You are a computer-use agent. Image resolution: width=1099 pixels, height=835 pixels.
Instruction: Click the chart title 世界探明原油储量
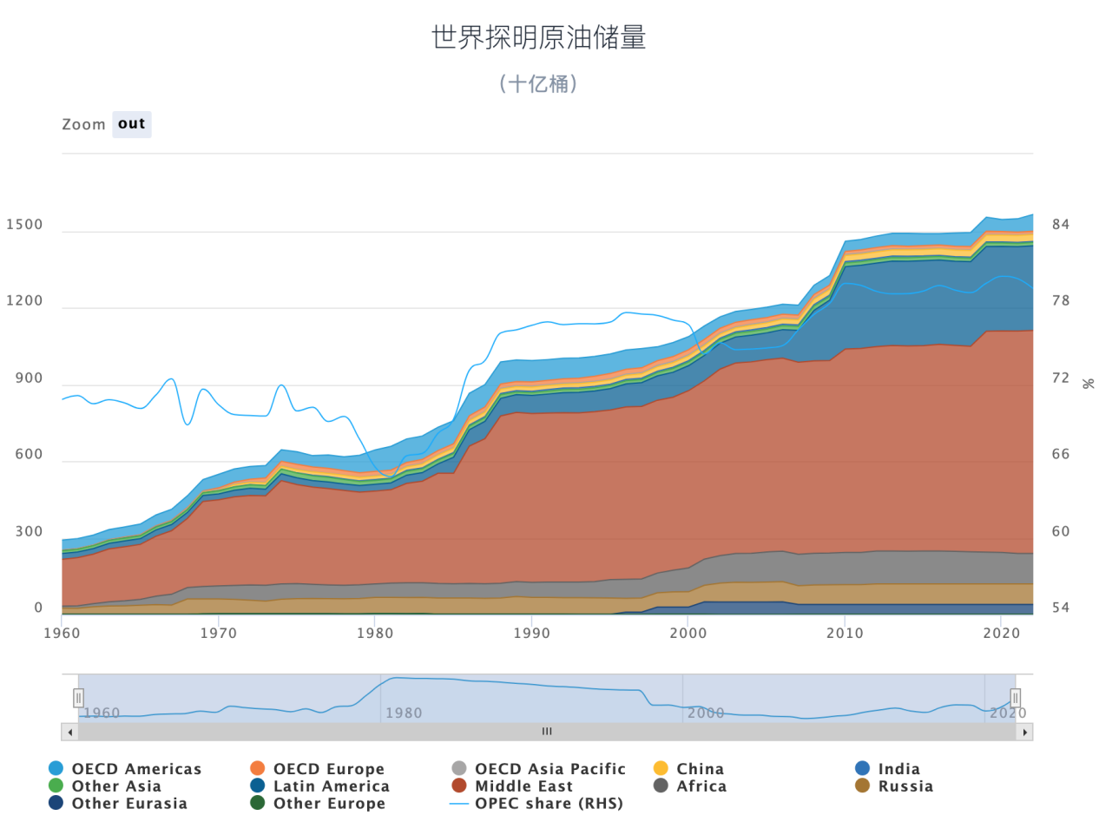tap(538, 37)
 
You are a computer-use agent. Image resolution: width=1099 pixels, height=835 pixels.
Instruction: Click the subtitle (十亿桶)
tap(538, 83)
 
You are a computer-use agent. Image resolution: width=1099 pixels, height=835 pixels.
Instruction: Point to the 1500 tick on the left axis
tap(24, 225)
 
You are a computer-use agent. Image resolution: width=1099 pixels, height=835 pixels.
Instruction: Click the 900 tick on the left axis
tap(29, 378)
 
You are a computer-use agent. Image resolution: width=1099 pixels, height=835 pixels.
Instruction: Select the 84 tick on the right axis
tap(1061, 225)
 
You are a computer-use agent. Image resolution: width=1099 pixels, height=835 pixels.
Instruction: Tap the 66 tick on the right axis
tap(1061, 455)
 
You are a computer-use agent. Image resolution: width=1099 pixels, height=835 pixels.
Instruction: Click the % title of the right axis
tap(1088, 384)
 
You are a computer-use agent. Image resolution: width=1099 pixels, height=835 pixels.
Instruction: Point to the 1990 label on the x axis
tap(531, 634)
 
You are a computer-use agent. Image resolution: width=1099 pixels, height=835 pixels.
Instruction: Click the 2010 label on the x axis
tap(845, 634)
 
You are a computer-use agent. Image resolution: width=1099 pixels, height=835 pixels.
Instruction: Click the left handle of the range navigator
tap(78, 698)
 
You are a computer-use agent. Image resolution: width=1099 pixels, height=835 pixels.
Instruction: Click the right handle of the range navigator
tap(1015, 698)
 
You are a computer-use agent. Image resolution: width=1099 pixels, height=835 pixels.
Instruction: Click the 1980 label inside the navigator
tap(404, 713)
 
